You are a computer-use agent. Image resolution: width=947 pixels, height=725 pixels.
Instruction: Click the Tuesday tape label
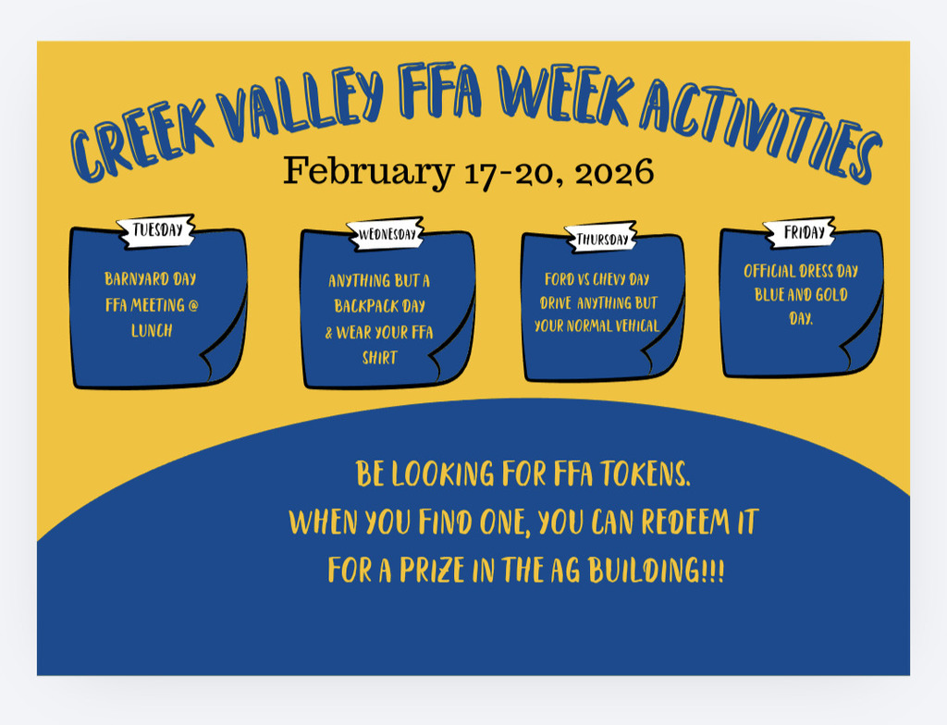(x=157, y=230)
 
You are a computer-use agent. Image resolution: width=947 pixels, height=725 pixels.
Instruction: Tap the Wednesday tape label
(x=386, y=234)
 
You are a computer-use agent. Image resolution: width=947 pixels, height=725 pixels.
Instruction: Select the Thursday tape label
(x=602, y=239)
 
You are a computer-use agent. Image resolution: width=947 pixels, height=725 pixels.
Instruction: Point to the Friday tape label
(x=798, y=233)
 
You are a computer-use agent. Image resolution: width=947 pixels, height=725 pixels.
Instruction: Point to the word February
(x=368, y=171)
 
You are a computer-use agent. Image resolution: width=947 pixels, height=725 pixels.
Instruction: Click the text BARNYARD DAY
(x=151, y=277)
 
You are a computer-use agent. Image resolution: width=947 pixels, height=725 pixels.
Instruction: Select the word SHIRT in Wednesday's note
(x=379, y=358)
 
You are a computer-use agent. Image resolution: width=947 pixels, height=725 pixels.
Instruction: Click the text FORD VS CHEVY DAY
(x=596, y=278)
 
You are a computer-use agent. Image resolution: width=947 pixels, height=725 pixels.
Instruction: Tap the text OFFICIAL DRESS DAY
(x=801, y=271)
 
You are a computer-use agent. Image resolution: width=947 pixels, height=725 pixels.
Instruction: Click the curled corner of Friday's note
(x=855, y=356)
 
